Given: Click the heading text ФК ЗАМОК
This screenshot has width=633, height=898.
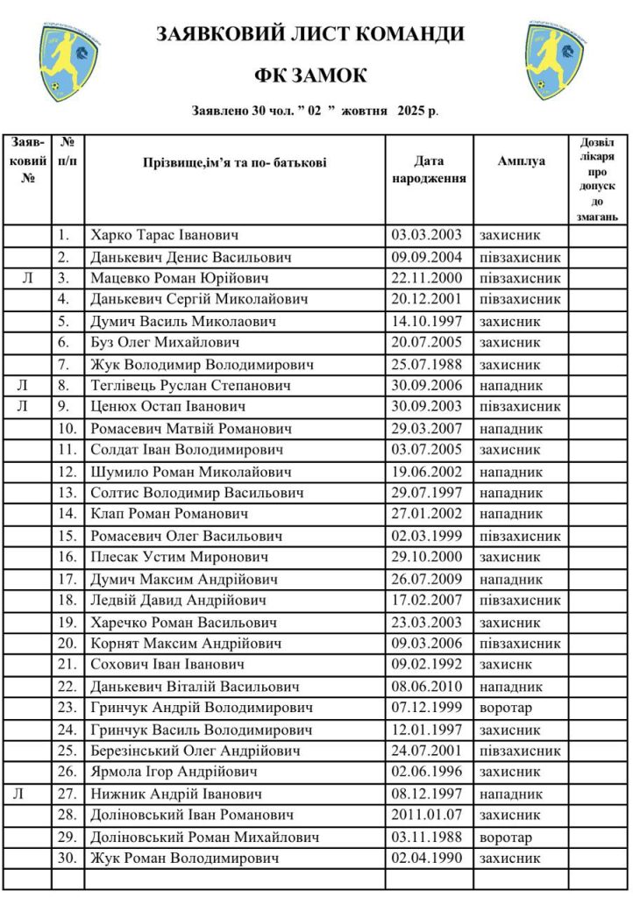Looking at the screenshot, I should [x=310, y=76].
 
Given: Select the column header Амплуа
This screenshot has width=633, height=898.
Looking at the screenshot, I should [x=521, y=161].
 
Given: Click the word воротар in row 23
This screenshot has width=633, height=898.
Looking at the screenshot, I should [x=506, y=708].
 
